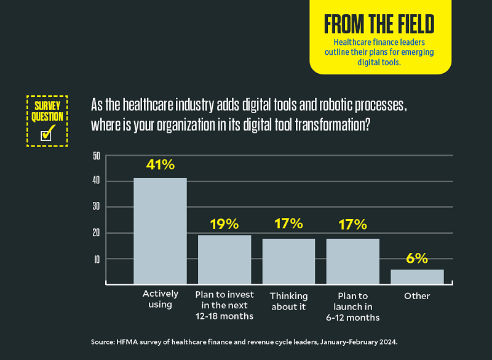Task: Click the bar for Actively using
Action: tap(160, 231)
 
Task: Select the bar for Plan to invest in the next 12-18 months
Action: tap(224, 259)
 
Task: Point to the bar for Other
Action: tap(417, 276)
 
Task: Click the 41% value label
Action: tap(161, 166)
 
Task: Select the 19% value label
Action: tap(224, 223)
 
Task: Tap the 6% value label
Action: tap(417, 258)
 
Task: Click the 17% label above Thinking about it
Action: tap(288, 224)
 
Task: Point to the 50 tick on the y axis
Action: tap(96, 156)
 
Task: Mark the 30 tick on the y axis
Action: tap(96, 207)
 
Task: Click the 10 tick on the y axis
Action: tap(96, 259)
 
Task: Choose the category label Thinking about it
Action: tap(288, 301)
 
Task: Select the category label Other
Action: tap(417, 296)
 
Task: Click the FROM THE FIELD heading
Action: tap(379, 25)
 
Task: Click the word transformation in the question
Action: tap(320, 123)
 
